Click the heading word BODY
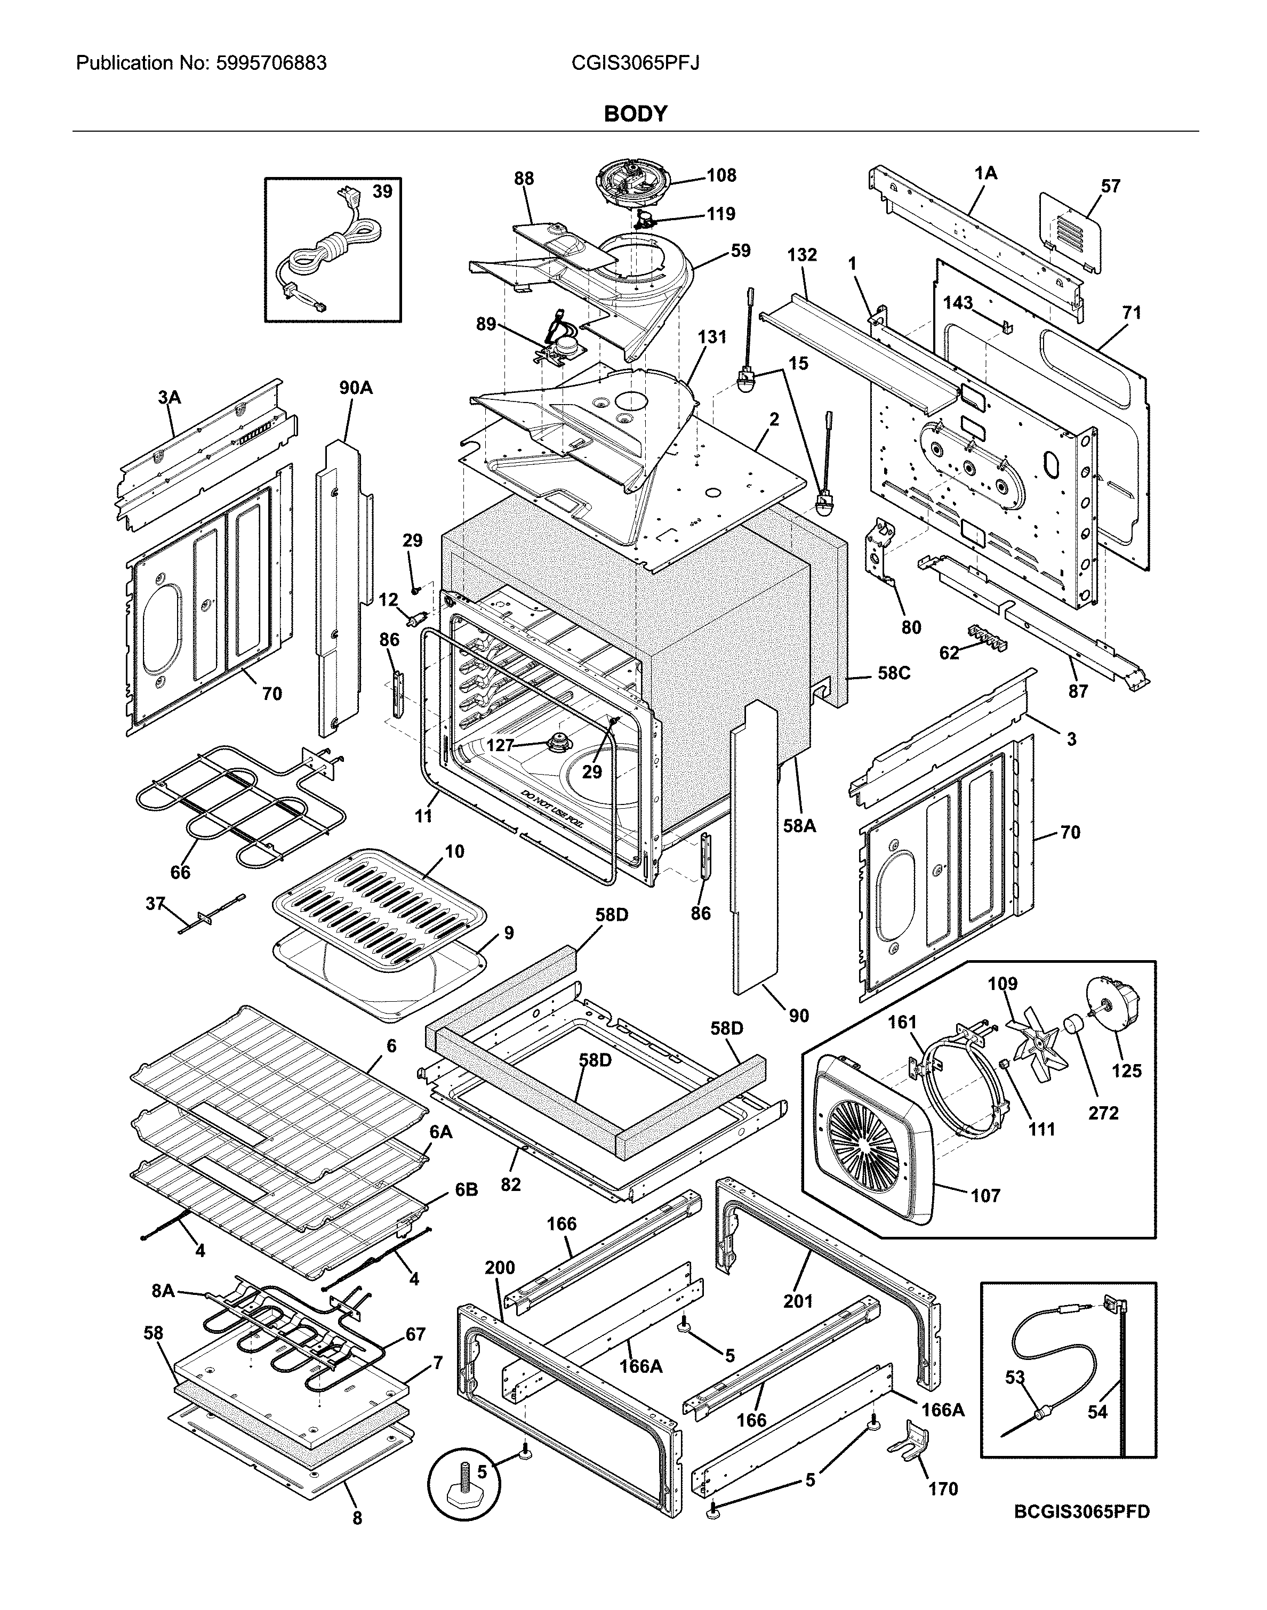(635, 114)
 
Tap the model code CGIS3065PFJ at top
(635, 63)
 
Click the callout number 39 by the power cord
(382, 192)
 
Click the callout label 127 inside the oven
(500, 745)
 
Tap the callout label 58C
(893, 673)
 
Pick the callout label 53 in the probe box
(1015, 1377)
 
